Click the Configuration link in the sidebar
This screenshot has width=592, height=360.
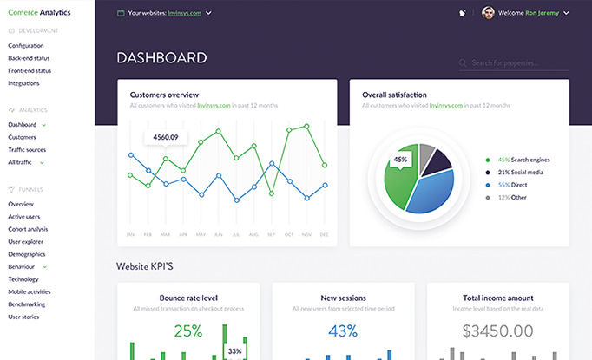coord(26,45)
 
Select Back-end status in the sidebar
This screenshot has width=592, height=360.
coord(29,58)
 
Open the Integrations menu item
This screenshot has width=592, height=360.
coord(23,83)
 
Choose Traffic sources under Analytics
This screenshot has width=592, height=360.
coord(28,150)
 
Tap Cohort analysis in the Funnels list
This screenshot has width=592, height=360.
coord(28,229)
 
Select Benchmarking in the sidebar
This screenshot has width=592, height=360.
coord(28,304)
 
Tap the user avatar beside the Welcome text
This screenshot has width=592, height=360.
coord(489,13)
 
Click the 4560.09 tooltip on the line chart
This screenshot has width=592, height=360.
coord(165,137)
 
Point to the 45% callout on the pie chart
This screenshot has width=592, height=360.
coord(400,160)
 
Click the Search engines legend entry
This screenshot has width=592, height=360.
coord(523,160)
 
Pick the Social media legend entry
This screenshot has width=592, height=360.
coord(521,173)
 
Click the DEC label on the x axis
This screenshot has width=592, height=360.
coord(325,235)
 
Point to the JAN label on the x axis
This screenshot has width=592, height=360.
coord(130,235)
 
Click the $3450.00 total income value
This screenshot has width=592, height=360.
coord(497,331)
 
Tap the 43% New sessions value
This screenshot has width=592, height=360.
coord(343,331)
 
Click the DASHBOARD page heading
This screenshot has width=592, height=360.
coord(161,58)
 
